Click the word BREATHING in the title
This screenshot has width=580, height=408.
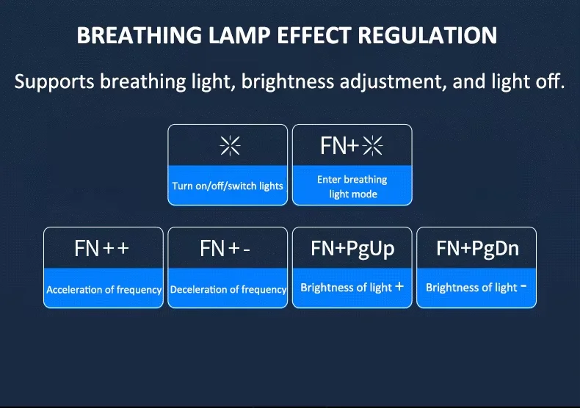coord(139,35)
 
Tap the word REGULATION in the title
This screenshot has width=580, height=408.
coord(427,35)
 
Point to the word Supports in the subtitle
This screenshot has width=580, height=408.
coord(54,81)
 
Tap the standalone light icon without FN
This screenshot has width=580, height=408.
coord(230,145)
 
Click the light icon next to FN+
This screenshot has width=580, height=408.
coord(372,145)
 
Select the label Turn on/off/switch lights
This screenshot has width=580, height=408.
coord(228,186)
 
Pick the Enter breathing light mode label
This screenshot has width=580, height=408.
coord(352,186)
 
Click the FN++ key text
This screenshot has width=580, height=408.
coord(102,248)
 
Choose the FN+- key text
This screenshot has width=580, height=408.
coord(225,248)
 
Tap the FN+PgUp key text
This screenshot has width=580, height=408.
coord(352,249)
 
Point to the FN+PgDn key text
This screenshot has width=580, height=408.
coord(477,249)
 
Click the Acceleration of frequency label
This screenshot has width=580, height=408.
coord(104,290)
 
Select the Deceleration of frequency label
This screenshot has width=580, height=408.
coord(228,290)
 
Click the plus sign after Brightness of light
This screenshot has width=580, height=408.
coord(399,286)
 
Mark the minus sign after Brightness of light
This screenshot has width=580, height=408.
coord(523,285)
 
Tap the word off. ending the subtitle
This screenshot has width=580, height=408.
coord(551,81)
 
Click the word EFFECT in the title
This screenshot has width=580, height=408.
coord(314,35)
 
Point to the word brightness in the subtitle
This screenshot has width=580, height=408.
coord(288,81)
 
